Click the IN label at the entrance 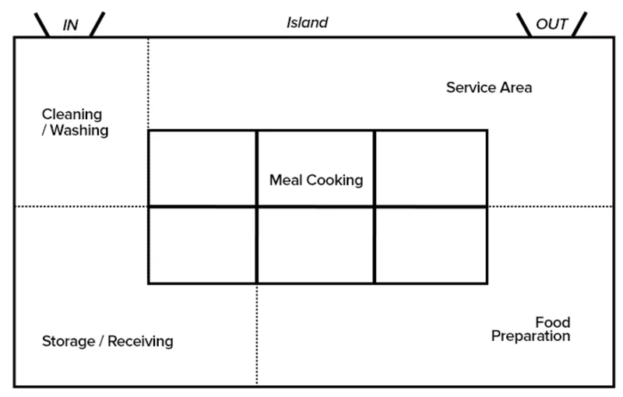click(x=70, y=25)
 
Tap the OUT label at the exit click(x=552, y=24)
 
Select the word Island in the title click(x=307, y=23)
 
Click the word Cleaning click(x=72, y=114)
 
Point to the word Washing click(x=79, y=130)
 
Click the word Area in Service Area click(x=515, y=87)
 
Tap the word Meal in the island click(x=286, y=180)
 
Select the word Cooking click(x=335, y=181)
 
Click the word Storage click(x=69, y=341)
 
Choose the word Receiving click(x=140, y=341)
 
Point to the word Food click(x=553, y=322)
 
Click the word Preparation click(x=531, y=336)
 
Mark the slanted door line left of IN click(x=42, y=25)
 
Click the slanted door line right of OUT click(x=579, y=25)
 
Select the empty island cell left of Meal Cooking click(x=202, y=168)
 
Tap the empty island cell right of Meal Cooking click(x=431, y=168)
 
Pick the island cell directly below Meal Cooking click(x=316, y=245)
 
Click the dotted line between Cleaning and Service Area click(x=148, y=84)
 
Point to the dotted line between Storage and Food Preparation click(x=257, y=335)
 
